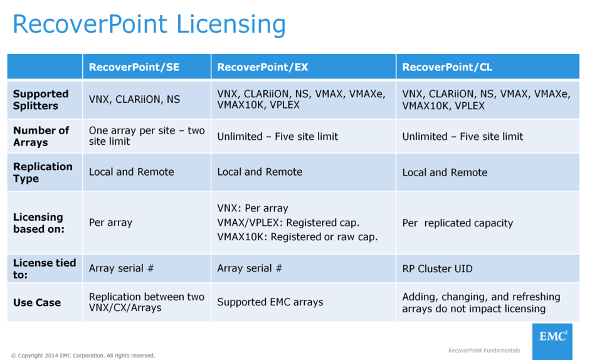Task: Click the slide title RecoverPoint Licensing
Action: click(x=149, y=24)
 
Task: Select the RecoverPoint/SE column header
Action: click(x=134, y=67)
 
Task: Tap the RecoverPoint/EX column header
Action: click(x=263, y=67)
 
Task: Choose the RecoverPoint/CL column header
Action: click(x=447, y=67)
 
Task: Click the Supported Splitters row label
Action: click(x=41, y=100)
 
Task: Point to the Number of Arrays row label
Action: click(x=41, y=136)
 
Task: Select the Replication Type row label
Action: click(x=43, y=172)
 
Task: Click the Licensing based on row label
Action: click(x=39, y=223)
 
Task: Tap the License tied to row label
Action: click(x=44, y=268)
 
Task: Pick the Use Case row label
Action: click(x=37, y=302)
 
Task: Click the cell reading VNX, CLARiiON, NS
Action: click(x=134, y=99)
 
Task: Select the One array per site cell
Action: click(x=147, y=136)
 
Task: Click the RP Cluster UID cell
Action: click(x=437, y=268)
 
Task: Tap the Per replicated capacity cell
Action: click(x=458, y=223)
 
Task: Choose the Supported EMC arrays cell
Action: click(x=270, y=302)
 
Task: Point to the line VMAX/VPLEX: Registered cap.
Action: click(x=288, y=223)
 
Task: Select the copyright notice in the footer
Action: click(x=83, y=356)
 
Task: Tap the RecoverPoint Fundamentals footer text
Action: click(x=483, y=351)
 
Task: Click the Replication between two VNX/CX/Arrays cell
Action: click(x=146, y=302)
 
